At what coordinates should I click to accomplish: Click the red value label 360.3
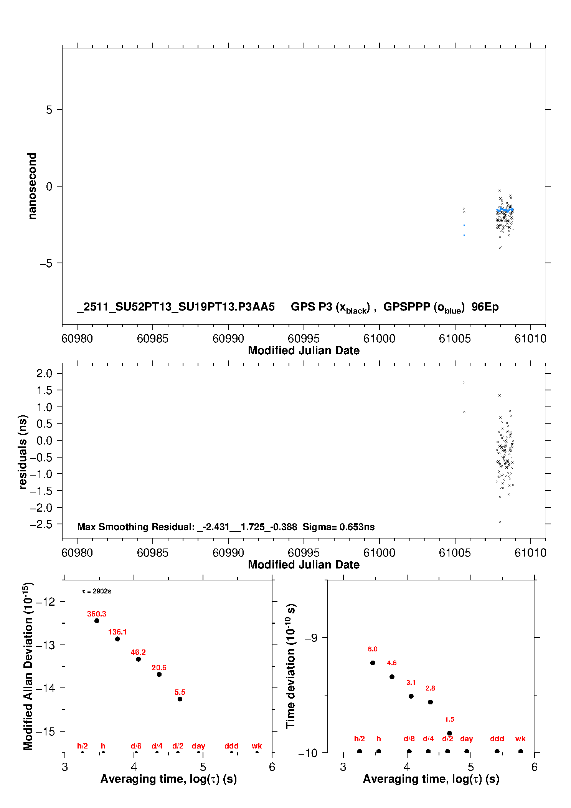pos(96,614)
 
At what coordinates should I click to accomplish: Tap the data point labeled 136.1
pos(117,639)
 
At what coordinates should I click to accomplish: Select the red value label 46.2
pos(138,652)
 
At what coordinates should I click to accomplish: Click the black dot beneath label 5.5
pos(180,699)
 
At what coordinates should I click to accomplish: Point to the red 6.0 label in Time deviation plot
pos(373,649)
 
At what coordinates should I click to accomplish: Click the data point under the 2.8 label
pos(430,702)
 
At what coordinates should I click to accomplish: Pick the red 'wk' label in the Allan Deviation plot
pos(257,746)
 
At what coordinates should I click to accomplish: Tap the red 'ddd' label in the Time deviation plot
pos(497,739)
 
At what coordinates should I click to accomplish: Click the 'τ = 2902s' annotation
pos(97,591)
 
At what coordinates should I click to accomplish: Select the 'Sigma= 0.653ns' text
pos(338,527)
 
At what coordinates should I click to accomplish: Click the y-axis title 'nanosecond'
pos(32,186)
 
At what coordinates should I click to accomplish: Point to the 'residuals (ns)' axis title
pos(23,452)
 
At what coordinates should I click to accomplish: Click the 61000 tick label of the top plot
pos(379,339)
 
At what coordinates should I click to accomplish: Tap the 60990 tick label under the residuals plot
pos(228,553)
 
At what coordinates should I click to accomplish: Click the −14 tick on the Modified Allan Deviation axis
pos(45,688)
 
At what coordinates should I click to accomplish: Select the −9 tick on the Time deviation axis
pos(311,638)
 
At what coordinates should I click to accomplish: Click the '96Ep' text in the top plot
pos(485,307)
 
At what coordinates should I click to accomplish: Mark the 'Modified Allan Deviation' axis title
pos(28,666)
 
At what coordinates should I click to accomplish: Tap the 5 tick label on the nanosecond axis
pos(49,109)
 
